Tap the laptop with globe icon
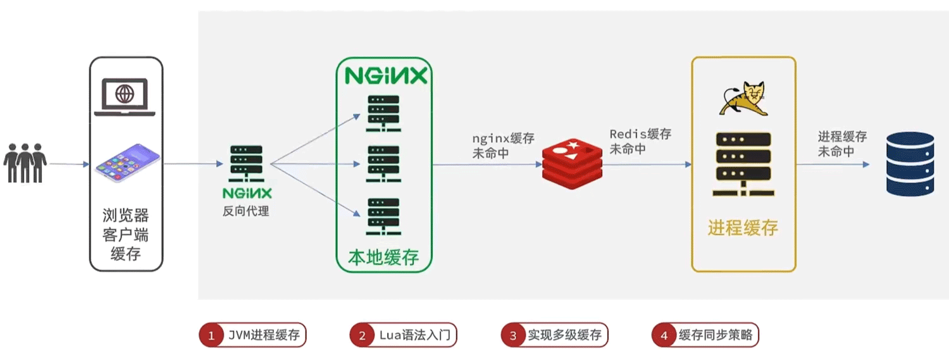tap(125, 97)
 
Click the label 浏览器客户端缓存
tap(126, 235)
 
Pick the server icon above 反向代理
tap(246, 164)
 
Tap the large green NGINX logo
tap(385, 77)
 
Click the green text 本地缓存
tap(383, 258)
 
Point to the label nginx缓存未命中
tap(503, 146)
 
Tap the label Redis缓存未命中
tap(640, 141)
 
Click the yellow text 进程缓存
tap(743, 228)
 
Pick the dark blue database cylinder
tap(910, 163)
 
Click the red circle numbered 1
tap(211, 335)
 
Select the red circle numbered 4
tap(664, 335)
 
